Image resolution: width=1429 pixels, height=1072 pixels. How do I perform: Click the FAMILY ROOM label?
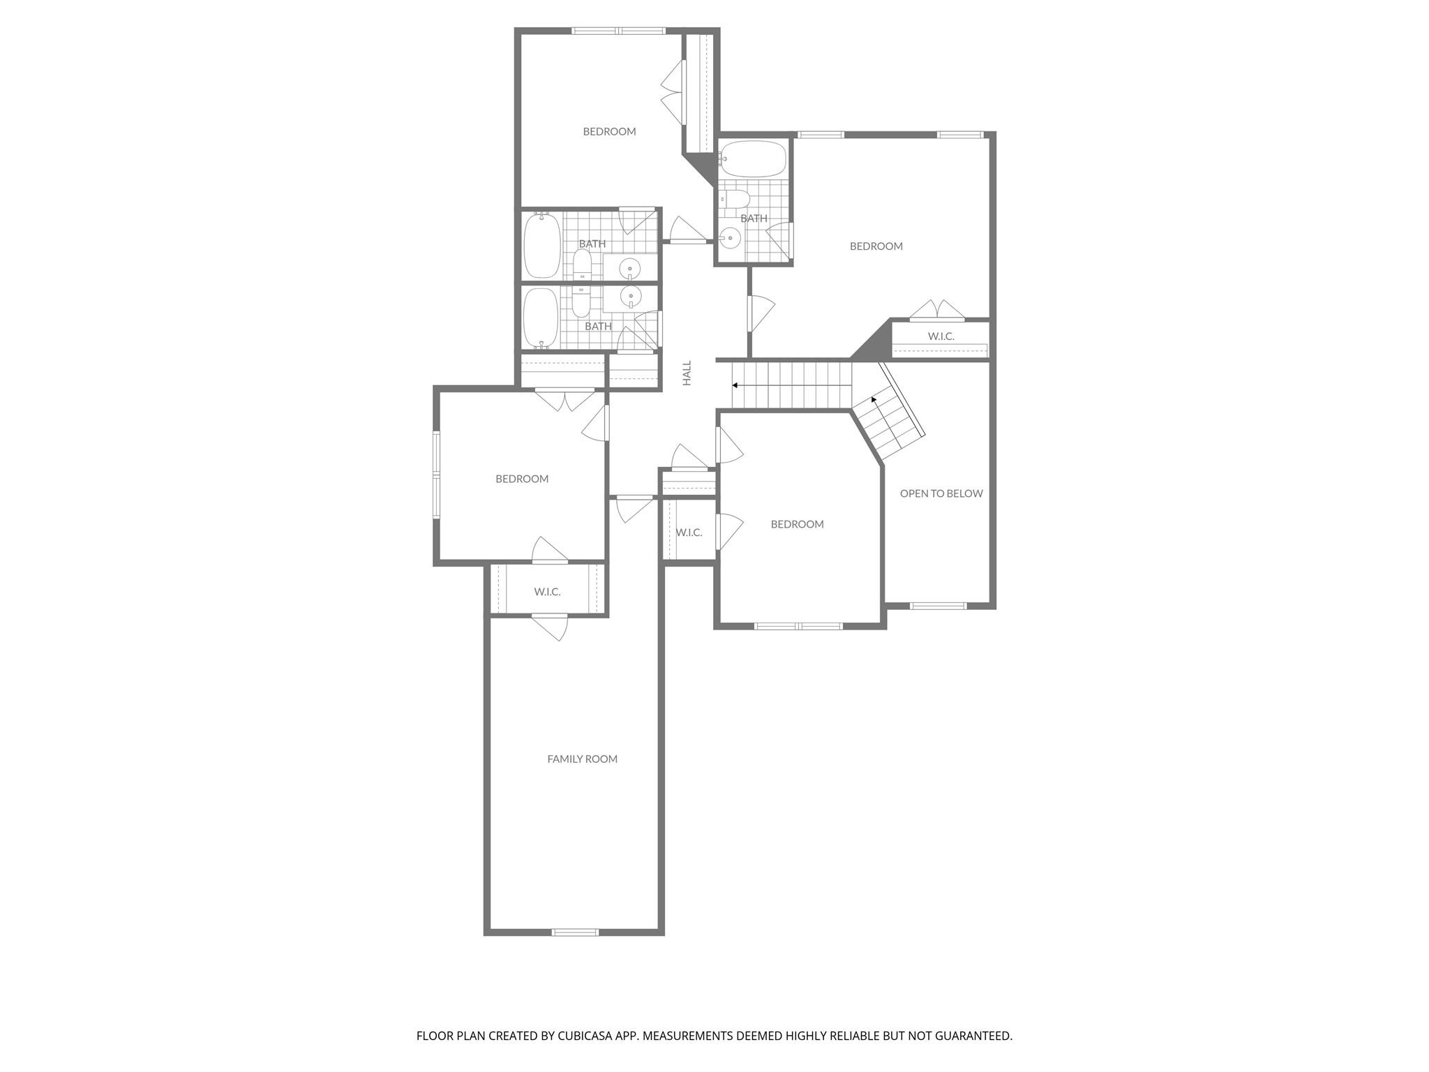tap(582, 759)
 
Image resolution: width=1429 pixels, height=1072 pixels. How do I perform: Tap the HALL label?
tap(687, 373)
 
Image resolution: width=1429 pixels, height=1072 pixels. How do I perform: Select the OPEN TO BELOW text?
tap(941, 493)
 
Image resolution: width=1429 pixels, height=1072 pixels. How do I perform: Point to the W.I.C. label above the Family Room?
tap(547, 592)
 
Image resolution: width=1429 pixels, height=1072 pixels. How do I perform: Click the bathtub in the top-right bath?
tap(753, 159)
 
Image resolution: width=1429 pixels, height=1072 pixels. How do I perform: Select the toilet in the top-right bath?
tap(735, 199)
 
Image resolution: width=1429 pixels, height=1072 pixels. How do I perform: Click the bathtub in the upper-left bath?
tap(541, 245)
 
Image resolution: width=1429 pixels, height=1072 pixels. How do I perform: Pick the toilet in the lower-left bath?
tap(581, 301)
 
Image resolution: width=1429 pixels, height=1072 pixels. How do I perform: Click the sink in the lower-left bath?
tap(631, 297)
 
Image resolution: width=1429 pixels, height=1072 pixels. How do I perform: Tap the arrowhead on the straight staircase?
tap(735, 385)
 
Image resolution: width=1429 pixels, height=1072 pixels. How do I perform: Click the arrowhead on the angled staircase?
tap(874, 400)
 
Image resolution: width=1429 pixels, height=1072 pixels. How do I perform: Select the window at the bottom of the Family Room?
tap(575, 932)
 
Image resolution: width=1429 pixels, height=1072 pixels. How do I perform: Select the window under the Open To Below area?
tap(938, 605)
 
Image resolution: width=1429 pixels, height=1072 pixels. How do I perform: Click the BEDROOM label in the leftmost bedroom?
tap(522, 479)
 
